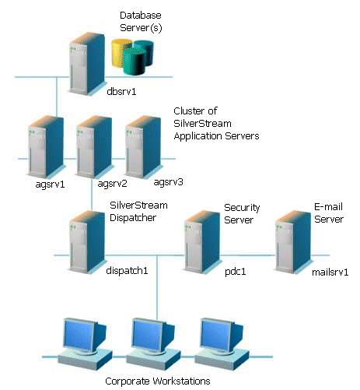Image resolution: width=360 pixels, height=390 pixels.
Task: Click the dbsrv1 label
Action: pyautogui.click(x=121, y=91)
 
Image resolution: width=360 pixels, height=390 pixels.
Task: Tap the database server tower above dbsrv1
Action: pyautogui.click(x=87, y=64)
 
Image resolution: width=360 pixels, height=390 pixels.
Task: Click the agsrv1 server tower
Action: pyautogui.click(x=46, y=147)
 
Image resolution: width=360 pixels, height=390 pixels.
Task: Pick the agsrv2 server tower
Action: pyautogui.click(x=94, y=147)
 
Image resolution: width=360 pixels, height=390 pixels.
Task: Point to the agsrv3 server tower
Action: pyautogui.click(x=143, y=147)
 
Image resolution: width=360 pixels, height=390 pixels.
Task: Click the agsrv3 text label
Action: pyautogui.click(x=168, y=182)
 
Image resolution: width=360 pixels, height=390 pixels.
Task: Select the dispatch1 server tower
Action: pyautogui.click(x=87, y=242)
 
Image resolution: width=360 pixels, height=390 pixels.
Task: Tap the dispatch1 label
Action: pyautogui.click(x=127, y=271)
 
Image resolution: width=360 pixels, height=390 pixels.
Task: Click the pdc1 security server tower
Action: pyautogui.click(x=202, y=242)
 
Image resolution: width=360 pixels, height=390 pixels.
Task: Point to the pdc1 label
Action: pyautogui.click(x=235, y=272)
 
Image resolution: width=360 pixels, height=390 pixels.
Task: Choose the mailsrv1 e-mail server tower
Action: pyautogui.click(x=293, y=242)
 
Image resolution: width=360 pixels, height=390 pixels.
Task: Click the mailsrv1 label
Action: pyautogui.click(x=330, y=272)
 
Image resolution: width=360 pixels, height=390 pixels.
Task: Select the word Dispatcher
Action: pyautogui.click(x=133, y=217)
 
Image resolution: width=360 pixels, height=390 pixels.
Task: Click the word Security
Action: pyautogui.click(x=242, y=208)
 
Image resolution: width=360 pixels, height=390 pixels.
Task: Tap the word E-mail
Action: pyautogui.click(x=328, y=207)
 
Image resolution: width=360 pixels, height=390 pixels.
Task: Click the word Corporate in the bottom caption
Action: pyautogui.click(x=128, y=381)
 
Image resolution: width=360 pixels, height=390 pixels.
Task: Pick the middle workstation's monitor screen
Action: pyautogui.click(x=147, y=335)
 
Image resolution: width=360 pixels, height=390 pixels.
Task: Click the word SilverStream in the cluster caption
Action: pyautogui.click(x=202, y=123)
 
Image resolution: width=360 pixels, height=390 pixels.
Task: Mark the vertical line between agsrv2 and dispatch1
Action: pyautogui.click(x=92, y=195)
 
